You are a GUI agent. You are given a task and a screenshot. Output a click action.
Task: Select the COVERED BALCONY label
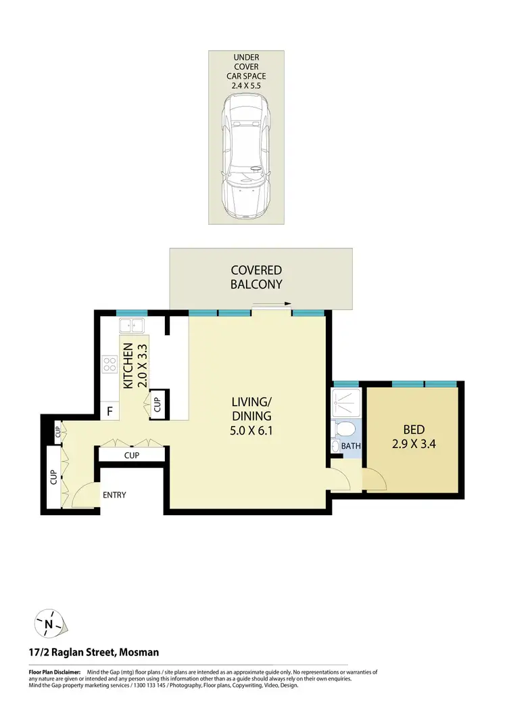256,278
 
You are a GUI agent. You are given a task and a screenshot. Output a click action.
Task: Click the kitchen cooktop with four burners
110,366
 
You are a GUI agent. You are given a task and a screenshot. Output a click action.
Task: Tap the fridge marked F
109,410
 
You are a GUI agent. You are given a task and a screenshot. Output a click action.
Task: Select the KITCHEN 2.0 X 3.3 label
134,365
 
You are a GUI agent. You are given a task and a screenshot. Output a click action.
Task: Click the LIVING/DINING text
251,409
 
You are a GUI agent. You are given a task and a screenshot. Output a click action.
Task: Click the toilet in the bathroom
343,429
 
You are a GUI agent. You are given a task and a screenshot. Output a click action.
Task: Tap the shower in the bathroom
344,403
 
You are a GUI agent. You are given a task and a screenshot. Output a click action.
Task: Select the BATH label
350,446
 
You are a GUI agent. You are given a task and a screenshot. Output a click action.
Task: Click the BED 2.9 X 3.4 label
413,436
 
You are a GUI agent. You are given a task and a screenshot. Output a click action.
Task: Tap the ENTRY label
114,495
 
